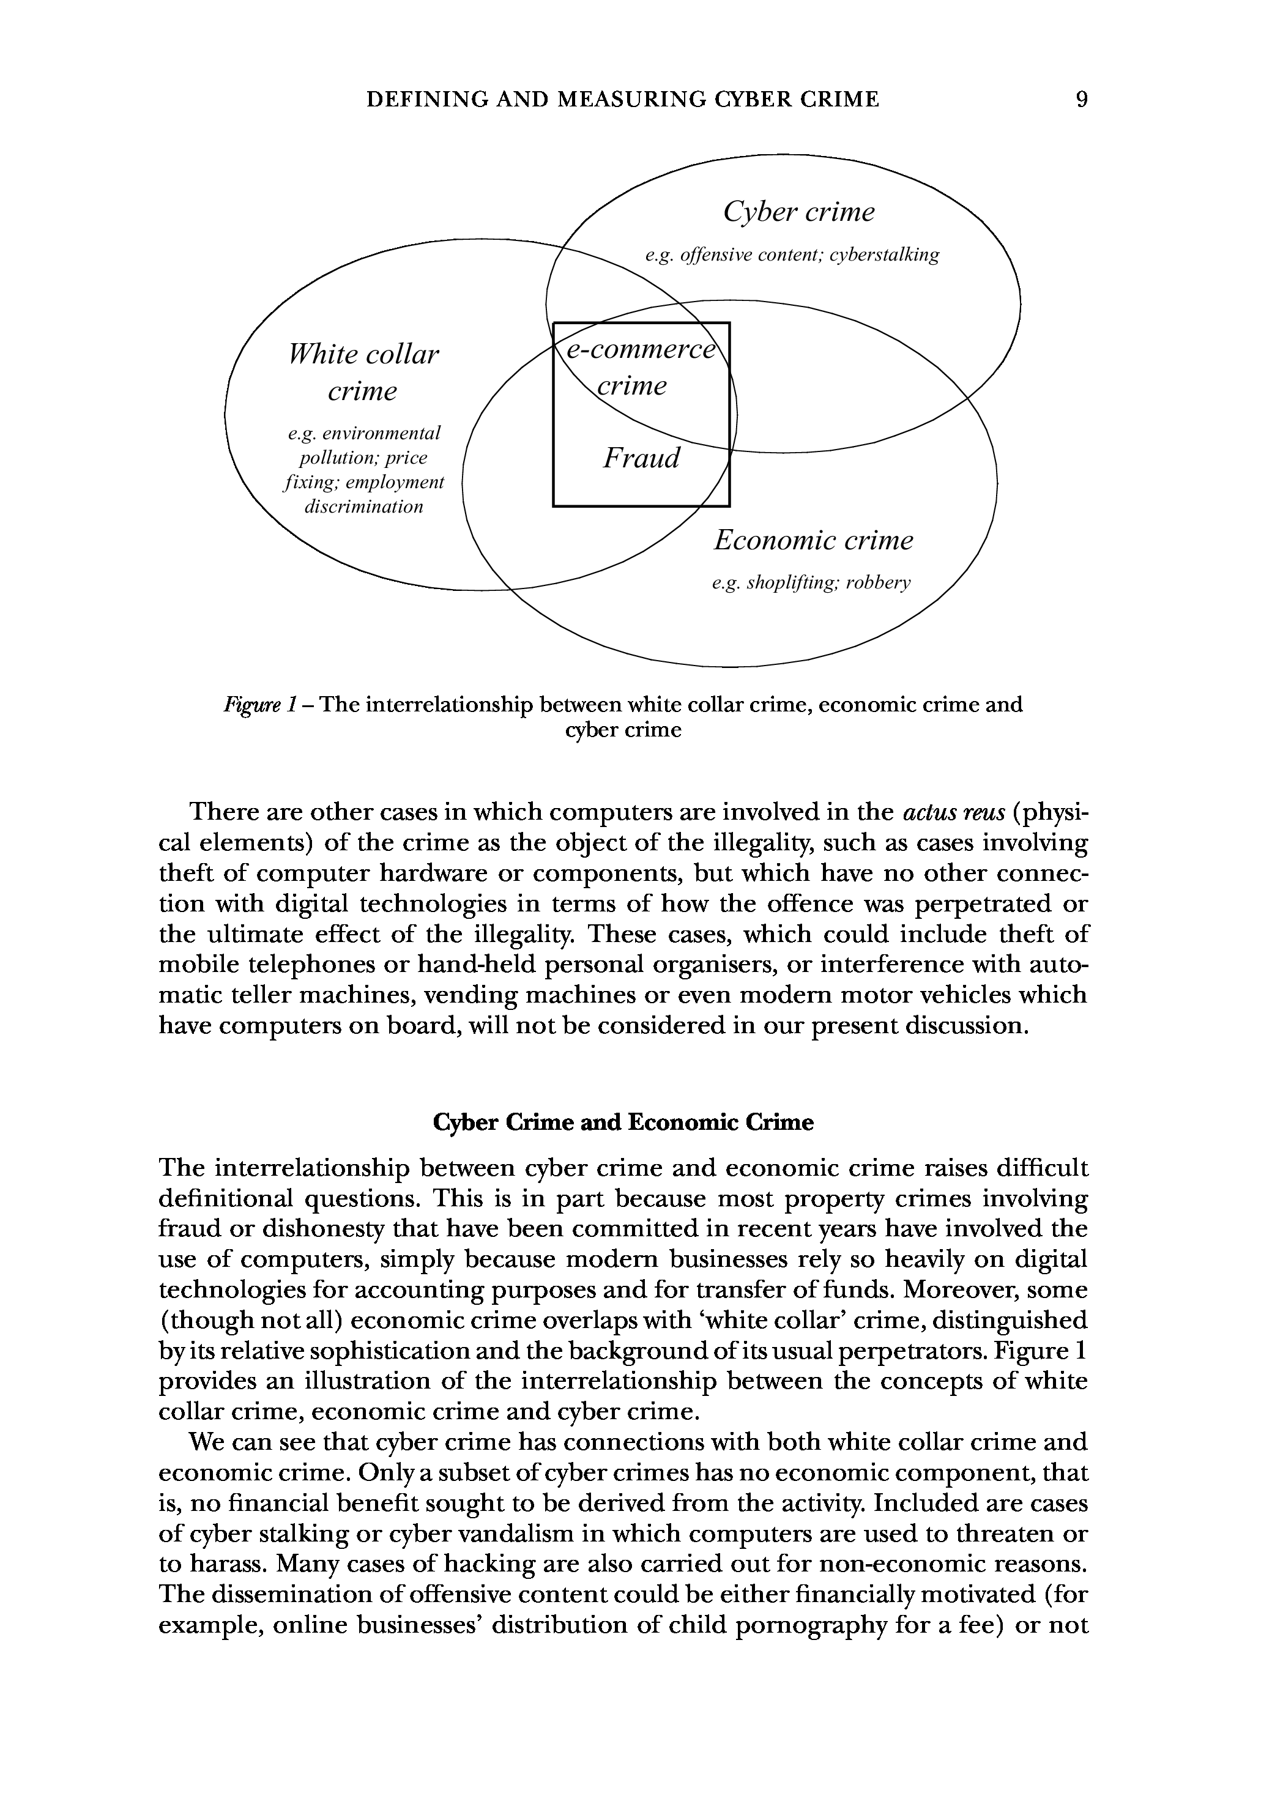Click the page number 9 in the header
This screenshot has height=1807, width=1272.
coord(1082,99)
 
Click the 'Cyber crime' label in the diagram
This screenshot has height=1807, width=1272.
coord(798,212)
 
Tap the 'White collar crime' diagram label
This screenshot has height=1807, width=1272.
coord(363,373)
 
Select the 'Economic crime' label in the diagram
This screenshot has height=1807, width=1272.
coord(813,541)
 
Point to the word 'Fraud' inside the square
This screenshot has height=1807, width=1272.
coord(641,458)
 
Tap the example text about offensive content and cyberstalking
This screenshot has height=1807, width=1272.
coord(792,255)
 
